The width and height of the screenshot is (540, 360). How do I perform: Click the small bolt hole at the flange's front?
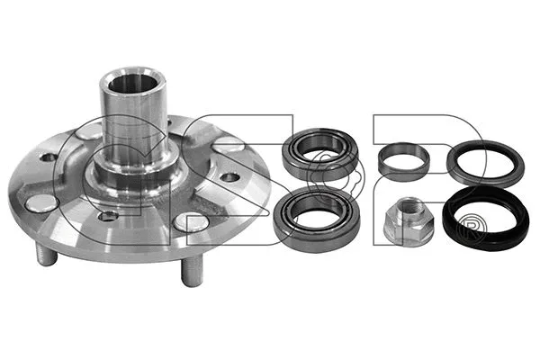pyautogui.click(x=109, y=216)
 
